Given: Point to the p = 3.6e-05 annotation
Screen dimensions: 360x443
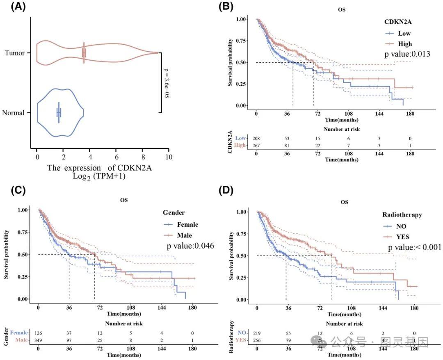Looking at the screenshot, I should pos(167,83).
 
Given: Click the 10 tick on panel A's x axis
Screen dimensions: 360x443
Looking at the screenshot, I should pos(168,157).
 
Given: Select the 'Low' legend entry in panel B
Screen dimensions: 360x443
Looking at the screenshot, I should pos(404,33).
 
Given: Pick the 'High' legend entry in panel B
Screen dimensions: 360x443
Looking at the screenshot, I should pos(405,43).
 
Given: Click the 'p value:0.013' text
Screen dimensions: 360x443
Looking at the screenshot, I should pos(407,54).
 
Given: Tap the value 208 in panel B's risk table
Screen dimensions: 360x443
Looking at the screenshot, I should pos(256,139).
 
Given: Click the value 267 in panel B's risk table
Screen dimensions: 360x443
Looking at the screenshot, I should pos(256,146).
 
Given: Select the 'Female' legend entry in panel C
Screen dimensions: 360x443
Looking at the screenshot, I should pos(187,224).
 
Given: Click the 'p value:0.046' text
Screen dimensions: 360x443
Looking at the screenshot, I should pos(190,246).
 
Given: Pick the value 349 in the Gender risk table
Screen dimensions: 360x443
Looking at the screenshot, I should pos(39,340).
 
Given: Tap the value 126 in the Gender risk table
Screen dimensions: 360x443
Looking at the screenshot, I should pos(39,333).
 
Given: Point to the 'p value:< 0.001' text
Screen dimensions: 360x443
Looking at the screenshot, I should pos(414,247).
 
